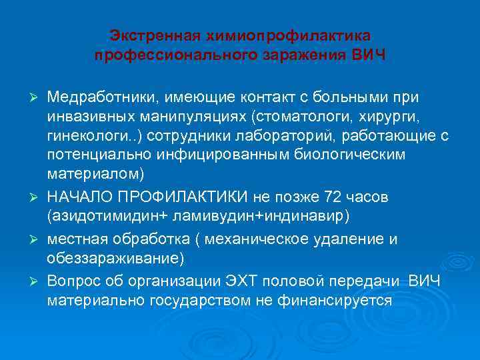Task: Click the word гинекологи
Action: (85, 137)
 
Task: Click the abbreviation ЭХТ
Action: (247, 281)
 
